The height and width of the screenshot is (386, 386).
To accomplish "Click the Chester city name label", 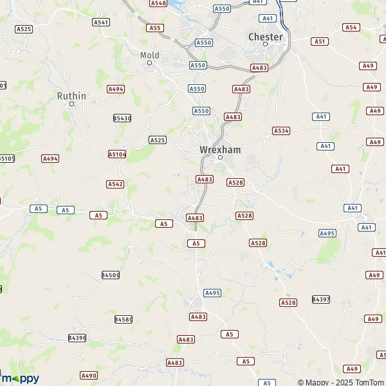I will (x=266, y=37).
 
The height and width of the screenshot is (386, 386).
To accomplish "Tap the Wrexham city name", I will (x=219, y=149).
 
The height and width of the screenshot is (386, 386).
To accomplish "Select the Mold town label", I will (x=149, y=55).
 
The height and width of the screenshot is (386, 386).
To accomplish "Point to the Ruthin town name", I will (x=71, y=96).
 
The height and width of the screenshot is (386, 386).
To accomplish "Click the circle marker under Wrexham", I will (x=219, y=157).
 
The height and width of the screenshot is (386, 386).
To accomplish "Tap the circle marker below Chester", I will (x=265, y=44).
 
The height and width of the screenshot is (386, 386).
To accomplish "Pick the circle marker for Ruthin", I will (x=71, y=104).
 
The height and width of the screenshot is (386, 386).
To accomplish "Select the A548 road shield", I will (x=158, y=3).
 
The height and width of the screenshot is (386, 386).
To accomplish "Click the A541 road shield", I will (x=101, y=22).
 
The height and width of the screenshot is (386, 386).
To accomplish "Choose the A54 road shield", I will (x=351, y=27).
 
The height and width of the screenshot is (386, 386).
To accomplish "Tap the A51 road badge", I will (x=320, y=41).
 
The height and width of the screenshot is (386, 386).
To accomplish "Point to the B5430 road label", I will (x=122, y=118).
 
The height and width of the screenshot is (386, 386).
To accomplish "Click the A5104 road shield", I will (x=117, y=154).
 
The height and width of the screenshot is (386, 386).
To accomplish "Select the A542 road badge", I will (x=115, y=184).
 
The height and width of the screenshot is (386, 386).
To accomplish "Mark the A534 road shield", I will (x=280, y=131).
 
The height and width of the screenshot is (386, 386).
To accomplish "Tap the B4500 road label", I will (x=111, y=275).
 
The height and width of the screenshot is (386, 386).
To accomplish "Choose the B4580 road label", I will (x=124, y=319).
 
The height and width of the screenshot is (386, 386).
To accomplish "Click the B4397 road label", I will (x=320, y=299).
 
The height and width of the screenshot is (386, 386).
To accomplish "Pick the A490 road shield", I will (x=89, y=375).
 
